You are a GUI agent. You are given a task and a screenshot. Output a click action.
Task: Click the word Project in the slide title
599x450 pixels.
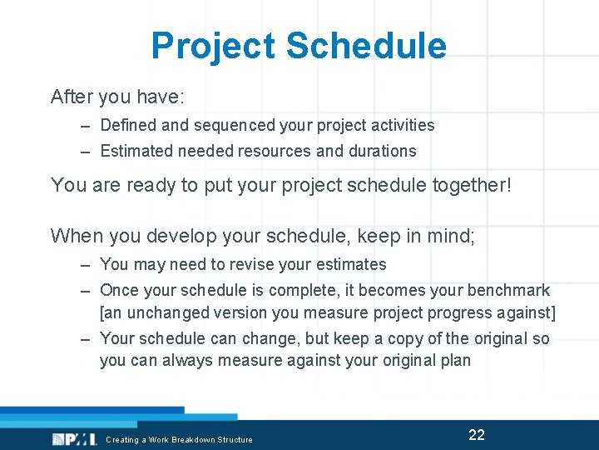coord(214,47)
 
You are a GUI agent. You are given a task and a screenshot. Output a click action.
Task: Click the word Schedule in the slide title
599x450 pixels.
coord(366,47)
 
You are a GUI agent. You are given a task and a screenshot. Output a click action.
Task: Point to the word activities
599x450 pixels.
coord(403,125)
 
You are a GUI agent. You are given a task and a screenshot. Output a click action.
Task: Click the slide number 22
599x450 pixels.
coord(477,434)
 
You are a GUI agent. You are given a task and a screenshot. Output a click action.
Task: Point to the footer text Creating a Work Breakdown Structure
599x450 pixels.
coord(179,439)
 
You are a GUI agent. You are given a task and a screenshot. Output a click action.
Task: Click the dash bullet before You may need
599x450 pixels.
coord(86,265)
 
